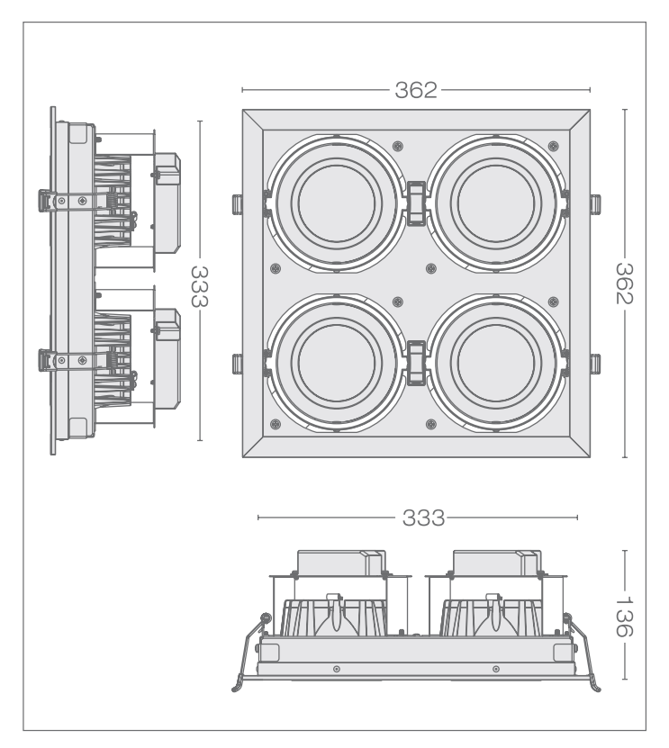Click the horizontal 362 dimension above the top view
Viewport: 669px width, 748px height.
pos(415,90)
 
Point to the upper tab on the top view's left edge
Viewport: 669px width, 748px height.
pos(236,203)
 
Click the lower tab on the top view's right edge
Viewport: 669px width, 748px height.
pos(595,363)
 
